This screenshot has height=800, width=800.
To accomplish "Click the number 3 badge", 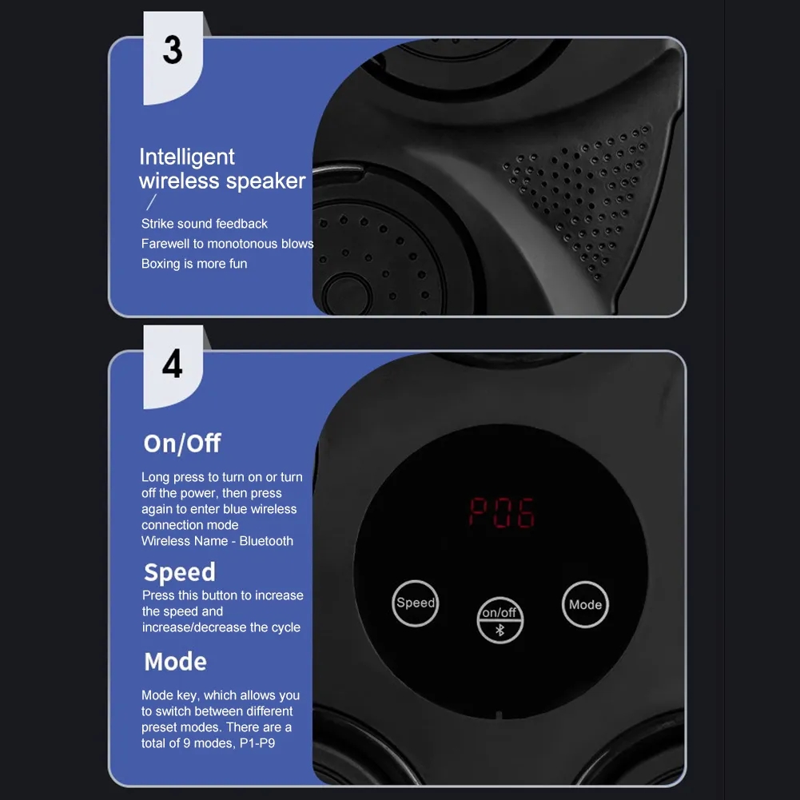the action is [173, 58].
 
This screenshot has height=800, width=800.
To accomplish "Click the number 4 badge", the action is [173, 366].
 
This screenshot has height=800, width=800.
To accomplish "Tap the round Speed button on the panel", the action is [416, 603].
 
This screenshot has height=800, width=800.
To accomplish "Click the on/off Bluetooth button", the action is [500, 620].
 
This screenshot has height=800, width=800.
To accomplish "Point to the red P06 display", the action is [502, 512].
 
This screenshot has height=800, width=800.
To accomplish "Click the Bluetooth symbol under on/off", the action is [500, 631].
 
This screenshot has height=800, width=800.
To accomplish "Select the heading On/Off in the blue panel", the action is [182, 444].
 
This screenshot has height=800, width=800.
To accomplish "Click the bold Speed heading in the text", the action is [180, 572].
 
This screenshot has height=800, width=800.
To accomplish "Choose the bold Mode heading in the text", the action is [176, 662].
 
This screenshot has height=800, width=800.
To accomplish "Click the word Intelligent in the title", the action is [187, 157].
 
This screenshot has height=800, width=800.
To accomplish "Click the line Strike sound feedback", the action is [204, 224].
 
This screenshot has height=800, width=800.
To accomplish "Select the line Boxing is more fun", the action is [194, 263].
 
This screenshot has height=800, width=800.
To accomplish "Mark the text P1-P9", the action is [257, 743].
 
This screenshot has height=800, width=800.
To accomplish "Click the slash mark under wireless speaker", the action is [151, 202].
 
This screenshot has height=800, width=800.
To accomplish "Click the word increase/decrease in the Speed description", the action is [194, 627].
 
